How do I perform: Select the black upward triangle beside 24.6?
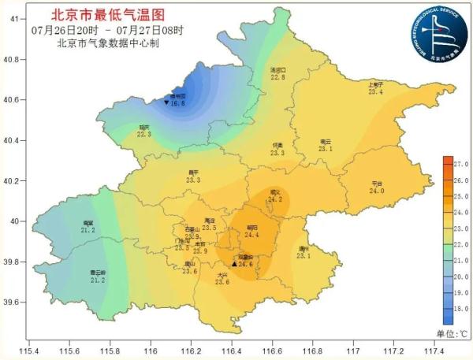tap(233, 264)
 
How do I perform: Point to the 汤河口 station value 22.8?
tap(277, 77)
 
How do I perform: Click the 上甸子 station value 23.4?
tap(375, 92)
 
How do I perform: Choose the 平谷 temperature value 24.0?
tap(377, 191)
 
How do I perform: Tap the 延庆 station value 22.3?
tap(143, 134)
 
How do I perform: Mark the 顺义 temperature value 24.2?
tap(274, 199)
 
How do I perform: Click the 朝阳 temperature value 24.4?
tap(251, 234)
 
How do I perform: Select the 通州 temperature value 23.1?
tap(304, 255)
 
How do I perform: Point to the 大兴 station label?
tap(222, 274)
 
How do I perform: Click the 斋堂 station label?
tap(88, 223)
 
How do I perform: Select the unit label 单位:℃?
tap(452, 334)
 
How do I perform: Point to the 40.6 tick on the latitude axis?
tap(15, 100)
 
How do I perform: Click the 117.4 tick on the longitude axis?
tap(434, 350)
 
